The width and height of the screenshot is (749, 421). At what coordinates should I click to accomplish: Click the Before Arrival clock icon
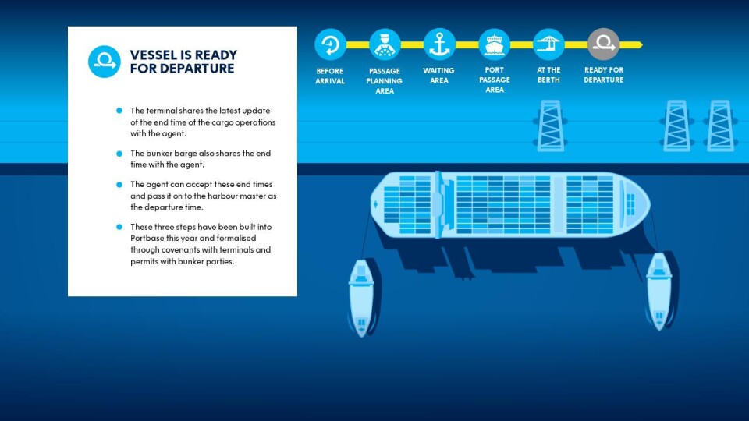tap(330, 44)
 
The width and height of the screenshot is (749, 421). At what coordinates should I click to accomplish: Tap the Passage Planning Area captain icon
tap(385, 44)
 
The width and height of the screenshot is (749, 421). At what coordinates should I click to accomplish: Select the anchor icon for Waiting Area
tap(439, 44)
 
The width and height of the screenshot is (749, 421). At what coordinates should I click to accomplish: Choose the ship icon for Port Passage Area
tap(495, 44)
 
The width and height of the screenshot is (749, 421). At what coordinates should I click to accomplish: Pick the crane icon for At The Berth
tap(548, 44)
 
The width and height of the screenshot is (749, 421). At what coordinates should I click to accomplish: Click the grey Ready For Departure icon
tap(604, 44)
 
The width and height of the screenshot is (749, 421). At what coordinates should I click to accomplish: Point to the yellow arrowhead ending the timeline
tap(639, 45)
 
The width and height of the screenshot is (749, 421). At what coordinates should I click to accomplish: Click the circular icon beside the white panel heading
tap(104, 62)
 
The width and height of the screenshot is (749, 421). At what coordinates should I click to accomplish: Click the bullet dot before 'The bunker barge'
tap(119, 154)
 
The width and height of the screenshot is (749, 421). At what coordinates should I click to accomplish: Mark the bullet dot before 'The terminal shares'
tap(119, 111)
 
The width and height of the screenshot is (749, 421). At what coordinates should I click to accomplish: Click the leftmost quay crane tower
tap(550, 126)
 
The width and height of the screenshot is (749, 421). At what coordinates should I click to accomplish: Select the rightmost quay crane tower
tap(720, 126)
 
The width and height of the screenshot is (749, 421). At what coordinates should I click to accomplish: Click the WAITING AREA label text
tap(439, 76)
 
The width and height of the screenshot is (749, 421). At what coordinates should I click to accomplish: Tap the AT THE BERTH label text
tap(548, 75)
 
